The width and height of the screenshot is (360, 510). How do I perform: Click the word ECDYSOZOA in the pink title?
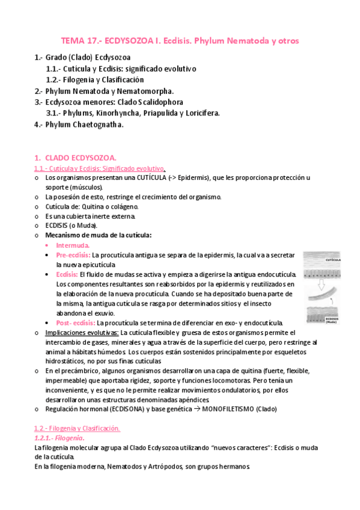coord(132,41)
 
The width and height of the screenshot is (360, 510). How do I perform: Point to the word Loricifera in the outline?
coord(200,113)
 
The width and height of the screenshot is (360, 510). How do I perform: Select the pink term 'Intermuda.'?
coord(73,246)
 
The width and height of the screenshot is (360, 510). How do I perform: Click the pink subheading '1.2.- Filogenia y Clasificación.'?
coord(77,428)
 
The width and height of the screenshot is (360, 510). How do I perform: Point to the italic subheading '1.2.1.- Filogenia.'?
coord(59,438)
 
